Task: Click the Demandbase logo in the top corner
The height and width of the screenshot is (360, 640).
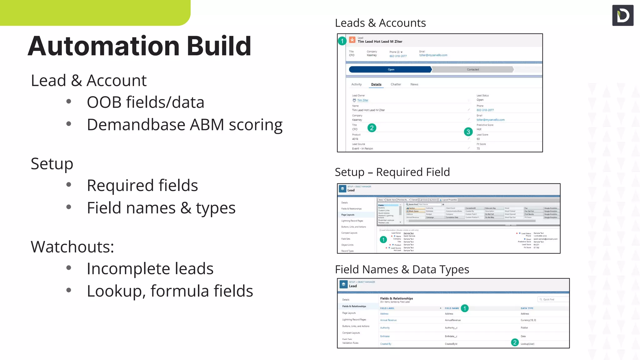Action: pos(622,15)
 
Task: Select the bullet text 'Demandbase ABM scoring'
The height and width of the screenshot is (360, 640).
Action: pos(184,125)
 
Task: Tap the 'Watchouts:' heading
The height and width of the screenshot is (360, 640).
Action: pos(72,247)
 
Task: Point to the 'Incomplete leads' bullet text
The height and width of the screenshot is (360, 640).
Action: pos(150,269)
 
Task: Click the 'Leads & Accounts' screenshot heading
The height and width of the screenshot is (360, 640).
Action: pos(380,23)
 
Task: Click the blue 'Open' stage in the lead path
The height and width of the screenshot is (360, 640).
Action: pos(391,69)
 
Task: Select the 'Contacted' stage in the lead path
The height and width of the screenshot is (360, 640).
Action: pos(472,69)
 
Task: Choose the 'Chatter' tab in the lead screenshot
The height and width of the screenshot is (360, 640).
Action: pos(396,84)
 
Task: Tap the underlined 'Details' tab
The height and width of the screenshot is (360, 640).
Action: pos(376,84)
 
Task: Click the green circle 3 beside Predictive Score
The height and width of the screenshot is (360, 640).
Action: pos(468,132)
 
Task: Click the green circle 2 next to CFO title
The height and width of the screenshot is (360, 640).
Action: pos(372,128)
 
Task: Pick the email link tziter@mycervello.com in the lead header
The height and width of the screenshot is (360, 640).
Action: pos(433,55)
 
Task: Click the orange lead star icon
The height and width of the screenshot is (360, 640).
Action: pos(352,40)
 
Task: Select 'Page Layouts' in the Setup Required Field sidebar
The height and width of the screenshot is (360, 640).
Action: pos(348,215)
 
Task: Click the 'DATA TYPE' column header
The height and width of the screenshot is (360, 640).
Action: pos(527,308)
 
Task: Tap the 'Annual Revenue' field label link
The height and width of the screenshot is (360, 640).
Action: pos(388,320)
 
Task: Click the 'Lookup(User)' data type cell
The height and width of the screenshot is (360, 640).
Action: pos(527,344)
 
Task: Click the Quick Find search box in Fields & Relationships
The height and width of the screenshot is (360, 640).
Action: pos(552,299)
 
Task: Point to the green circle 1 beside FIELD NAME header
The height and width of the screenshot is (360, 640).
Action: pos(464,308)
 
